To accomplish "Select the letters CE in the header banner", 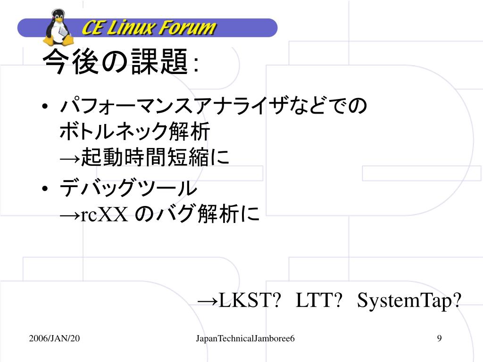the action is click(x=92, y=28).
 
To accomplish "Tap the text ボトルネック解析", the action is click(x=134, y=132).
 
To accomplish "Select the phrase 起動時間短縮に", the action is click(x=155, y=158).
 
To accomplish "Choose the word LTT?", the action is click(x=318, y=300).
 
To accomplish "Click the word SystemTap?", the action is click(x=408, y=301).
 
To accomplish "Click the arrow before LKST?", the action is click(x=208, y=301).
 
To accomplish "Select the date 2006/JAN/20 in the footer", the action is click(x=54, y=338).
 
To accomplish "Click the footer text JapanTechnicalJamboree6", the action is click(x=245, y=338).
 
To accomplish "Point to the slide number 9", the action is click(x=439, y=338).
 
